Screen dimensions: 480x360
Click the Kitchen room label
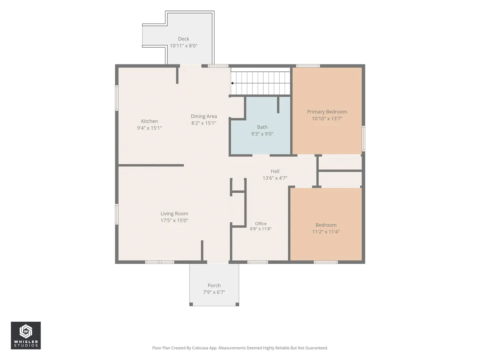click(x=149, y=121)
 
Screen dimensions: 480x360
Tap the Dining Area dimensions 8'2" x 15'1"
click(x=204, y=123)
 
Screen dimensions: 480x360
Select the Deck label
click(x=183, y=39)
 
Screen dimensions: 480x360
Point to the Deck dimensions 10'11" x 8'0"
click(x=184, y=46)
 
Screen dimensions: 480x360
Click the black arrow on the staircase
click(x=232, y=83)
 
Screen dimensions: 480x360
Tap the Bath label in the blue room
click(x=262, y=127)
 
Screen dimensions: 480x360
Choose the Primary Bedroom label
click(x=327, y=112)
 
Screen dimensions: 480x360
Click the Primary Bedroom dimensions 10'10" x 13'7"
click(x=327, y=118)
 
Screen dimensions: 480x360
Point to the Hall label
click(x=275, y=171)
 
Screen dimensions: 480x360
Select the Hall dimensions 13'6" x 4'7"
click(x=275, y=178)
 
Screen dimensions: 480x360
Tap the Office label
click(x=261, y=223)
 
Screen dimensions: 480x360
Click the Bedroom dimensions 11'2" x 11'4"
click(x=326, y=232)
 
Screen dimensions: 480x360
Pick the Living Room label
click(x=174, y=213)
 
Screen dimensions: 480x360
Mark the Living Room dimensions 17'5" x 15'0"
click(x=174, y=220)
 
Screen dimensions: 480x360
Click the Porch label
click(x=214, y=285)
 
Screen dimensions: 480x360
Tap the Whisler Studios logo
click(x=26, y=335)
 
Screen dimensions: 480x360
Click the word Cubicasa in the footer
click(x=200, y=348)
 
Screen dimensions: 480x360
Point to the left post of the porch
click(x=191, y=304)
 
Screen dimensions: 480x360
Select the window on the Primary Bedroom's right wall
click(x=363, y=138)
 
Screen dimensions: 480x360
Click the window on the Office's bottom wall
click(x=257, y=262)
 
